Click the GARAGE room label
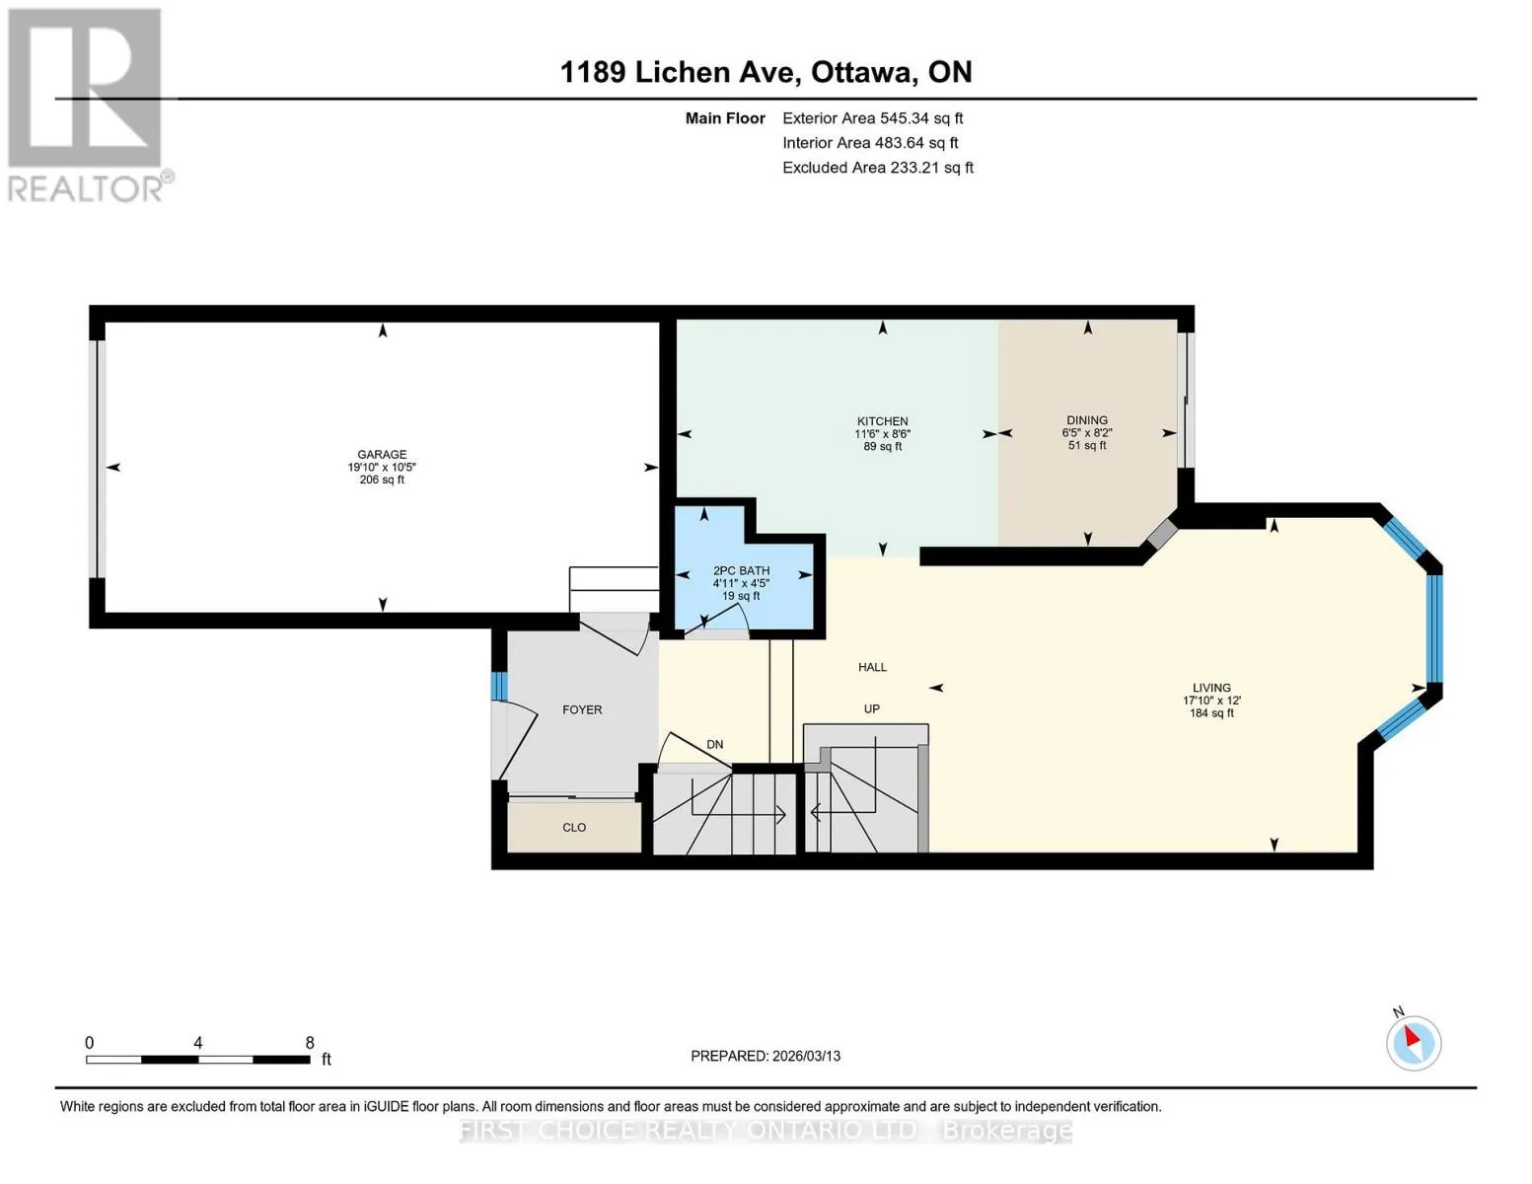[x=382, y=454]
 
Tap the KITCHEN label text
[x=882, y=421]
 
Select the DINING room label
[x=1086, y=419]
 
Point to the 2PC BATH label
[x=741, y=570]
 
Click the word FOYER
[x=582, y=709]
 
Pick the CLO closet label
[x=574, y=827]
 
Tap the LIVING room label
[x=1211, y=688]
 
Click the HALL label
[x=872, y=666]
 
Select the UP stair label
[x=871, y=708]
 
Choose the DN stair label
[x=715, y=744]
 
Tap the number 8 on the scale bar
[x=310, y=1042]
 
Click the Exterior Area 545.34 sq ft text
[x=872, y=118]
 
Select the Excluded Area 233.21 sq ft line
[x=878, y=168]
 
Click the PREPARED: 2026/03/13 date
[x=765, y=1057]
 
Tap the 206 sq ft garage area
[x=382, y=480]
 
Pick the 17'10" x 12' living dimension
[x=1211, y=701]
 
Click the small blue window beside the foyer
[x=499, y=686]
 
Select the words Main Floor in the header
[x=725, y=118]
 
